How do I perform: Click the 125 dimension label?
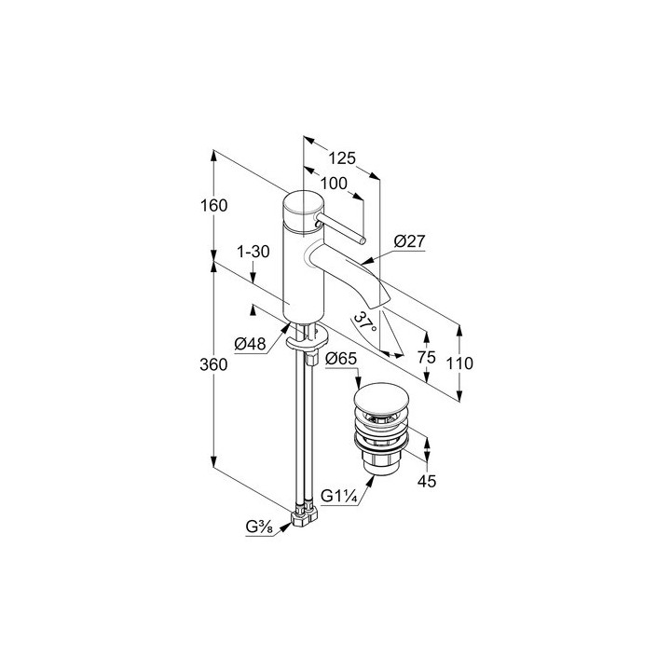342,158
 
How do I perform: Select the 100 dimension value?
334,184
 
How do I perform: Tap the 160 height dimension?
214,205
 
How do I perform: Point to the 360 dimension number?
213,364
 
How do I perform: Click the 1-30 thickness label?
253,252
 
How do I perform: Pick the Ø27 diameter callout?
410,241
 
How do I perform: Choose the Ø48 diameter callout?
251,343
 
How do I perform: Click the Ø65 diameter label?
341,359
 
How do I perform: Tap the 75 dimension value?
427,357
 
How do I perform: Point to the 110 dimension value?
459,363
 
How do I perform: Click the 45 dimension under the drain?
427,482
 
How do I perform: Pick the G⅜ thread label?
259,527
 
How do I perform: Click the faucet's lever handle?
341,230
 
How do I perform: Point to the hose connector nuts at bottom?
304,515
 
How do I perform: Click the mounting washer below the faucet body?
308,339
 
